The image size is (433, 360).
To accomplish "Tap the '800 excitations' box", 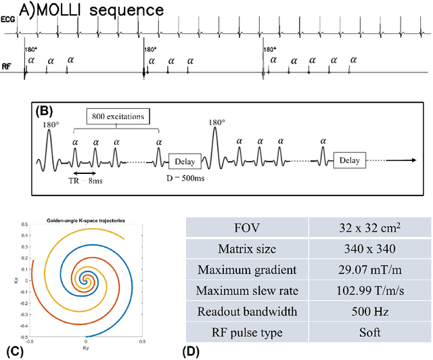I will tap(122, 116).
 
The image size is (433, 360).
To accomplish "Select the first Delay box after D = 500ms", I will tap(185, 160).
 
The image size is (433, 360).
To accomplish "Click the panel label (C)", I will tap(12, 351).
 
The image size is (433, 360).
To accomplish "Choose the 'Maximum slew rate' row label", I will tap(246, 292).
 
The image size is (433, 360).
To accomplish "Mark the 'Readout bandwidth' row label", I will tap(246, 313).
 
